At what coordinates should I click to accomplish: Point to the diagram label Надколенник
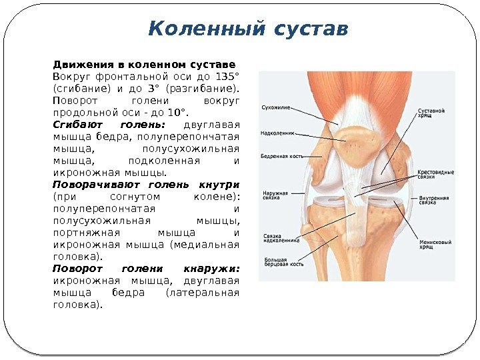(279, 133)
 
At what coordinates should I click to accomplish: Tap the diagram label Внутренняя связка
(435, 201)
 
